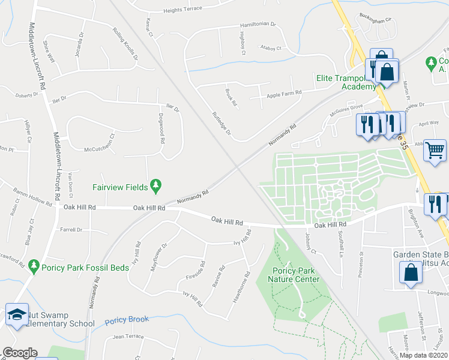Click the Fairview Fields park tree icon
click(156, 187)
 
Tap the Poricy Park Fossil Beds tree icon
click(34, 265)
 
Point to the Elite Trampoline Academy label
click(346, 82)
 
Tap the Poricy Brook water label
click(127, 320)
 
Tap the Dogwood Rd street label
click(161, 128)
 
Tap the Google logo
click(20, 353)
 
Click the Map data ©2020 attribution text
click(423, 355)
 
